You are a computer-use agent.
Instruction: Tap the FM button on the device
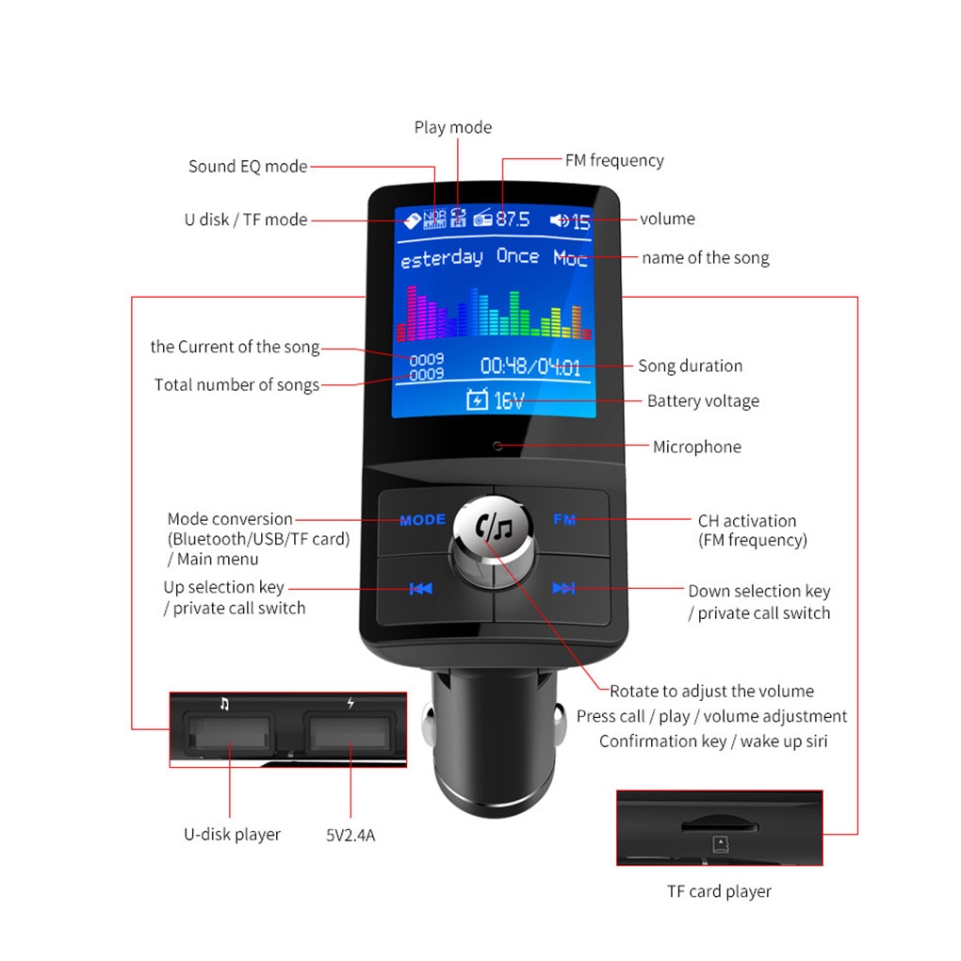point(564,519)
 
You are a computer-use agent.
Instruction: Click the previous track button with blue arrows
point(421,589)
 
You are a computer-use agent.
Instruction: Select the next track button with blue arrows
point(563,589)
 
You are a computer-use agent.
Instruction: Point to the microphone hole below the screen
point(497,446)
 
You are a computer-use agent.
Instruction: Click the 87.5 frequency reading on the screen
point(513,220)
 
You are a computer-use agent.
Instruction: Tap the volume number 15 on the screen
point(580,222)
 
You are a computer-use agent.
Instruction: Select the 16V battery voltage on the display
point(508,400)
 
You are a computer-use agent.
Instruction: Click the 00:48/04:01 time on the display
point(530,366)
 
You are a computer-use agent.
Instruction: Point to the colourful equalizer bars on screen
point(494,313)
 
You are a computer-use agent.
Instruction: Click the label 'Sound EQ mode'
point(248,167)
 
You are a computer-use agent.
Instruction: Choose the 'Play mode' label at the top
point(453,127)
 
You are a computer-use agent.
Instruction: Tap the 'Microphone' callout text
point(697,447)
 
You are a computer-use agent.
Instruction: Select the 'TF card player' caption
point(720,891)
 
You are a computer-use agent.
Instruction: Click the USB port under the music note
point(230,733)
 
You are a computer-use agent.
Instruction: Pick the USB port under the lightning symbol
point(350,732)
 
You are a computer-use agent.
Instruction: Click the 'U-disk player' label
point(232,834)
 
